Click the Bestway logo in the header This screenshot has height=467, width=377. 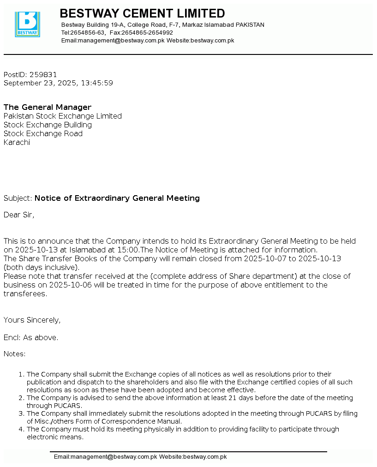27,24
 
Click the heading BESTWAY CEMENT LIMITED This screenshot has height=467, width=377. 142,13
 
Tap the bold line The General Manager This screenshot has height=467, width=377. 48,108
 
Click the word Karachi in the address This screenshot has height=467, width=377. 17,143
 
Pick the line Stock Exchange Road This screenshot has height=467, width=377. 43,134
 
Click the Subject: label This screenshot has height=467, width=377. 18,198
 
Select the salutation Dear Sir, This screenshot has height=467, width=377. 19,215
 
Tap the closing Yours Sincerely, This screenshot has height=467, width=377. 32,320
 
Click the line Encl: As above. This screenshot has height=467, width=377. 31,338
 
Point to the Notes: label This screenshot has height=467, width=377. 15,354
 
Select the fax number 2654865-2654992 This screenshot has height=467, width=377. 147,33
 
